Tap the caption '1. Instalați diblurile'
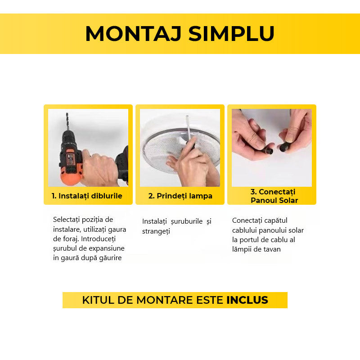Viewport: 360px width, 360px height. tap(87, 196)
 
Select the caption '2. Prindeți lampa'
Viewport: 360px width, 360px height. tap(180, 196)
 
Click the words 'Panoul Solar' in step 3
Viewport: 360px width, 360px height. tap(274, 201)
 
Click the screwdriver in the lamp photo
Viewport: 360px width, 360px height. tap(189, 135)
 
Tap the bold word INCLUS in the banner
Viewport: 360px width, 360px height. tap(247, 300)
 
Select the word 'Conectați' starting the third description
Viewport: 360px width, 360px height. tap(247, 220)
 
